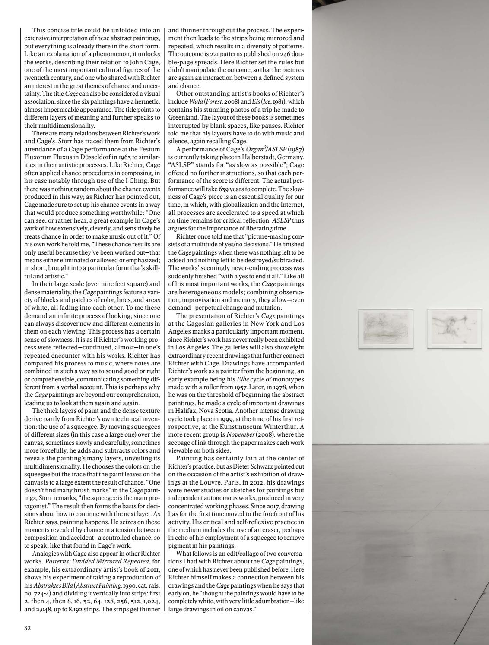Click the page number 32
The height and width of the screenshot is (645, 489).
27,628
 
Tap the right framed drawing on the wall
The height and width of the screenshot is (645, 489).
454,328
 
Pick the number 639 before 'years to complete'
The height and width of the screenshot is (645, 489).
220,188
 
